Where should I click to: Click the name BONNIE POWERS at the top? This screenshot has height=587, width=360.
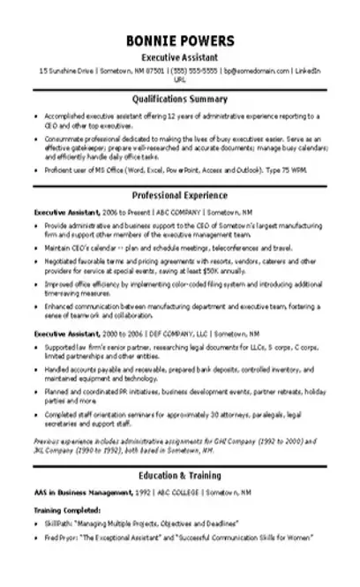pos(180,41)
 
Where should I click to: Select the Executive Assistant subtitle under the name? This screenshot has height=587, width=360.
pos(180,56)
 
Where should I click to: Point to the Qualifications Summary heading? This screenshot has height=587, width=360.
pos(180,99)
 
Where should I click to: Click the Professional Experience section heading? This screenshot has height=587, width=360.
pos(180,195)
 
